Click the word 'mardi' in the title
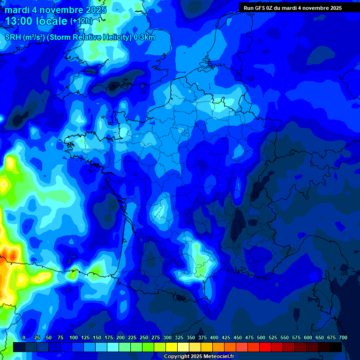(x=17, y=10)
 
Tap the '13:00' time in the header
(x=19, y=21)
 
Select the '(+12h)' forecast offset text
(x=81, y=21)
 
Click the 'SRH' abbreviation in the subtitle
(x=13, y=37)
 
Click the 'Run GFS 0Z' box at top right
(x=299, y=7)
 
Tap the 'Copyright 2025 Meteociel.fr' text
(x=199, y=356)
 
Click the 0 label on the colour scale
(x=24, y=337)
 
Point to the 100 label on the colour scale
(x=74, y=337)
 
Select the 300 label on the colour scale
(x=167, y=337)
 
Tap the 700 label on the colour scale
(x=343, y=337)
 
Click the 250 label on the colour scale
(x=144, y=337)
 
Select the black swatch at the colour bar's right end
(x=336, y=347)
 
